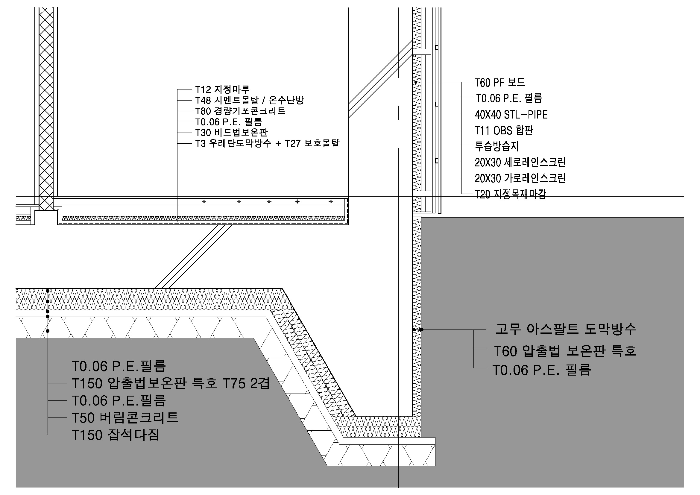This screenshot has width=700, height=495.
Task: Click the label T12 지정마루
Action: point(222,89)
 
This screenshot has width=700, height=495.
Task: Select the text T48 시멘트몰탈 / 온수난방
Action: point(249,100)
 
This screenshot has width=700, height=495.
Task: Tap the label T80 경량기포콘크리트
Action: point(240,111)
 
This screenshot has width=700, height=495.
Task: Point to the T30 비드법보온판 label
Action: point(231,133)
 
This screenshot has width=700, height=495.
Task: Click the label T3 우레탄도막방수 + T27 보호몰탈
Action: point(267,143)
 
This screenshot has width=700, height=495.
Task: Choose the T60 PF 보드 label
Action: point(500,82)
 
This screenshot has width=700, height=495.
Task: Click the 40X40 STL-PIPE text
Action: point(511,115)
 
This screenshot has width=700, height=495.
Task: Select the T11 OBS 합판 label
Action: point(504,130)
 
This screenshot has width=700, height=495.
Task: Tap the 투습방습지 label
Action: point(497,146)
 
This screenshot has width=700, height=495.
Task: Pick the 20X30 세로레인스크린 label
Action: point(520,162)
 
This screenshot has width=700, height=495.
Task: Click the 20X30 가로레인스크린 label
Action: point(520,178)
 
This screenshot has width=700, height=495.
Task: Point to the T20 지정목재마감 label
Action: point(510,194)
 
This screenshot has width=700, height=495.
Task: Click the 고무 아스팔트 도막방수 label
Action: point(566,329)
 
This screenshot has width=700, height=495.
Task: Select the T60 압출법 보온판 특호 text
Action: point(565,351)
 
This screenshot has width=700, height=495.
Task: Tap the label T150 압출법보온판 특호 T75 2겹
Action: point(171,383)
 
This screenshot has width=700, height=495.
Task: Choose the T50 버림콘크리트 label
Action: point(125,417)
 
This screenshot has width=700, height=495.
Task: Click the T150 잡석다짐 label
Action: point(115,435)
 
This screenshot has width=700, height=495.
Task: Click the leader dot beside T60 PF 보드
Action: point(416,82)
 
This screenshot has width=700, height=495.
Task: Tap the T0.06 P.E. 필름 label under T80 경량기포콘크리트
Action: point(228,122)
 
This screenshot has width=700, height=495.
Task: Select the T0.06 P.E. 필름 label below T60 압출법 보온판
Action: point(542,370)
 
